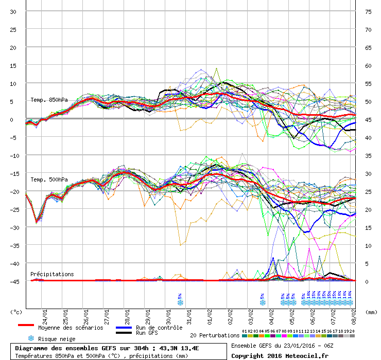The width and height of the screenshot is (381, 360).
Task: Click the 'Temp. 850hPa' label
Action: click(x=49, y=100)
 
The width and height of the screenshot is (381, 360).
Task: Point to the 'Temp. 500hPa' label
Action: click(x=49, y=179)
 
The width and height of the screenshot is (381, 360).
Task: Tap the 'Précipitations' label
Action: click(x=52, y=274)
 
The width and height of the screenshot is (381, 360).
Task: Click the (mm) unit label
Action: click(x=372, y=312)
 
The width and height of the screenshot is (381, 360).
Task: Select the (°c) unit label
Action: click(x=16, y=312)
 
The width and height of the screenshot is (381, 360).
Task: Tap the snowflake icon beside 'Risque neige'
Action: click(x=31, y=338)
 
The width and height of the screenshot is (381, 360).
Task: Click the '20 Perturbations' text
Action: click(x=215, y=335)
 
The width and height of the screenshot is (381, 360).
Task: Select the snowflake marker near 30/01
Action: click(x=180, y=302)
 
